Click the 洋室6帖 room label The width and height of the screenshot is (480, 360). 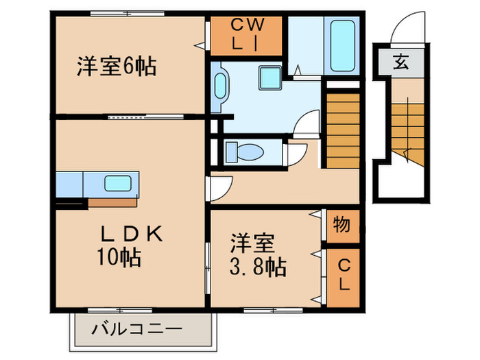coord(117,67)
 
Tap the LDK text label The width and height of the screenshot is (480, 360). coord(132,235)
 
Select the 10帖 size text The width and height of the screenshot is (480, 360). coord(119,258)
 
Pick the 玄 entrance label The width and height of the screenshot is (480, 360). coord(400,63)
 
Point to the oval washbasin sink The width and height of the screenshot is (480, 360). coord(220,87)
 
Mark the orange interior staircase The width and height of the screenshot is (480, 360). coord(342,118)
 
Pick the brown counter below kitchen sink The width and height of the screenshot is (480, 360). coord(114,202)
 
